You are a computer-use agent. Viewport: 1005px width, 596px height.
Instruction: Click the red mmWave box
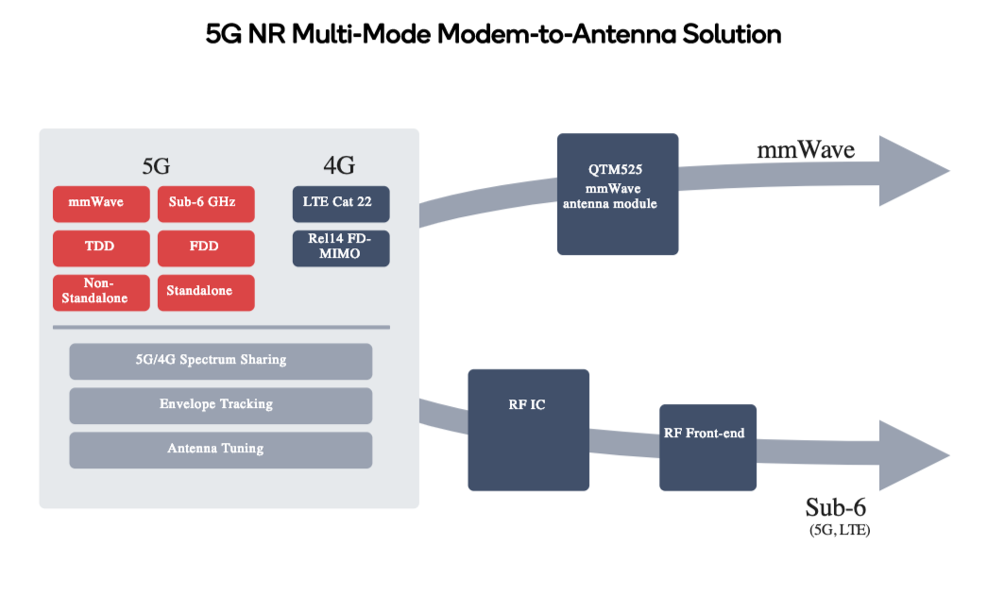[101, 202]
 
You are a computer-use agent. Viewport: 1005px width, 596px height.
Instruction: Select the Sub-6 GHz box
[206, 202]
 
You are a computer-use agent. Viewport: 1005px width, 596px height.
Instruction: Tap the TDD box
[101, 247]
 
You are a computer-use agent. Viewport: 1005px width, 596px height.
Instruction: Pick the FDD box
[206, 247]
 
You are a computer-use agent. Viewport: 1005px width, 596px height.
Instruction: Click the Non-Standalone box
[101, 292]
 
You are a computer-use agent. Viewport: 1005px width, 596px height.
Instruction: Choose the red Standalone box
[206, 292]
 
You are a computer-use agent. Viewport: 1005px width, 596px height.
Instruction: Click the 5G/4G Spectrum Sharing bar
[220, 361]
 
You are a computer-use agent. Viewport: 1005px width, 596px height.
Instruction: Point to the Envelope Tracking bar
[220, 405]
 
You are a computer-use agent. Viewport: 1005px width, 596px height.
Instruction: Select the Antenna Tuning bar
[220, 450]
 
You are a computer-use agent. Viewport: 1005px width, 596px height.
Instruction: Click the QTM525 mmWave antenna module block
[617, 194]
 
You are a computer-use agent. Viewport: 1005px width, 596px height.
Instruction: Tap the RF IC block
[528, 430]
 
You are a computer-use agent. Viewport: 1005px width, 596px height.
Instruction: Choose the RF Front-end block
[707, 447]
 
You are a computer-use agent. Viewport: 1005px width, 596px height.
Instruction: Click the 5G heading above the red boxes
[155, 167]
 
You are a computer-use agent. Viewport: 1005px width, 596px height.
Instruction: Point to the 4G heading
[339, 167]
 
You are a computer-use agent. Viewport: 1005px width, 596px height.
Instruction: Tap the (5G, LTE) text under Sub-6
[840, 530]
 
